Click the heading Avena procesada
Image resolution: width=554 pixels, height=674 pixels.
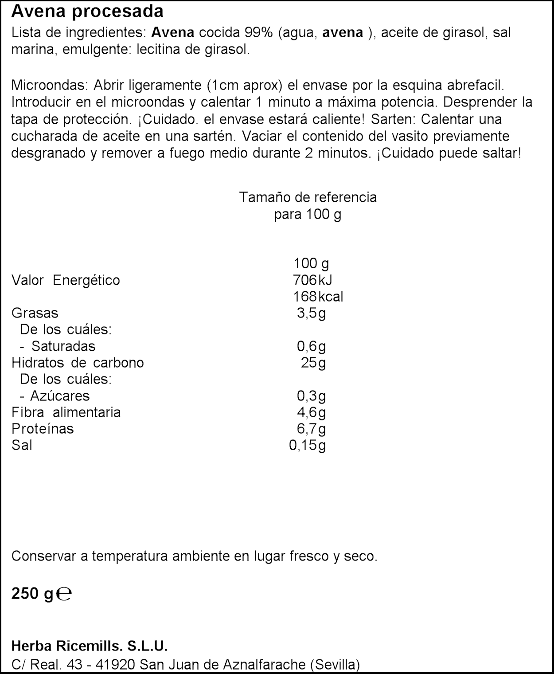click(87, 12)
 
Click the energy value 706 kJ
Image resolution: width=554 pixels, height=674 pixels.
click(312, 280)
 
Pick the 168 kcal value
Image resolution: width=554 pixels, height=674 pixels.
click(318, 297)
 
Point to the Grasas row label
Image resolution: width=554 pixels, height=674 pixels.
click(35, 313)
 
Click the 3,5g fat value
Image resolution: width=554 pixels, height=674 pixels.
click(311, 313)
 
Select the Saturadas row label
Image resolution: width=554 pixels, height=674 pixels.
click(63, 346)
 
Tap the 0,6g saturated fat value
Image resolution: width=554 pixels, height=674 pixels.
click(311, 346)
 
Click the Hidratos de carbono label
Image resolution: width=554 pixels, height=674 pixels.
click(78, 363)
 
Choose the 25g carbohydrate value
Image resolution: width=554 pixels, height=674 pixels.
click(313, 363)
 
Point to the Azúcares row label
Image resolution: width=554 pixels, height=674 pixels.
click(60, 396)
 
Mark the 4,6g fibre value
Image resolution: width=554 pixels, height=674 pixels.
click(311, 412)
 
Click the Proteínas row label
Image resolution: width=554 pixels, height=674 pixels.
click(43, 429)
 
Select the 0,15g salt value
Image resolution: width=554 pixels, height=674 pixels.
click(307, 445)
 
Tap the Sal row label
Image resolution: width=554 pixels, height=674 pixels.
click(22, 445)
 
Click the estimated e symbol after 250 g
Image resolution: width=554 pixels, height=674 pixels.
click(65, 594)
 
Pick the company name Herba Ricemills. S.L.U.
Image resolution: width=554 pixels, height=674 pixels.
click(90, 646)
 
